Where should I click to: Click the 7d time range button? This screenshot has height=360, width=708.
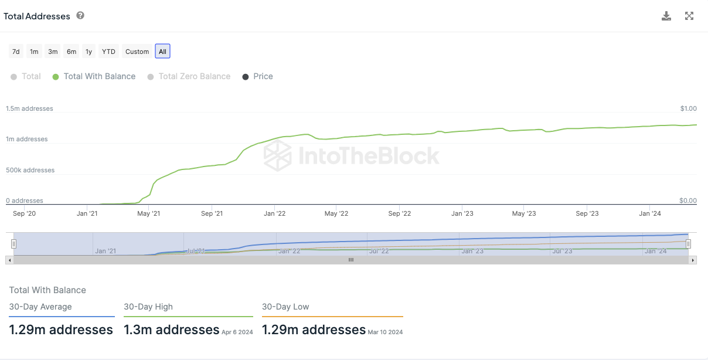click(x=16, y=52)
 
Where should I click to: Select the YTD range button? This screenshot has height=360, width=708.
click(x=108, y=52)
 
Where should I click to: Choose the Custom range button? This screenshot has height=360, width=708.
click(x=137, y=52)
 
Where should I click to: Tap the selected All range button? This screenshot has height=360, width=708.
click(x=162, y=52)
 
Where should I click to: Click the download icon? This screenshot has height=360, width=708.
click(x=666, y=16)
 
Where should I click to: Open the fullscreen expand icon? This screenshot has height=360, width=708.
click(x=689, y=16)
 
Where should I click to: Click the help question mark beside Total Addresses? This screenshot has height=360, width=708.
click(x=80, y=16)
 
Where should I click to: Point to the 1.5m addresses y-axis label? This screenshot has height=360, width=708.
click(x=29, y=108)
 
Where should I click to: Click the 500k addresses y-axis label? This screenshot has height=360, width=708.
click(x=30, y=170)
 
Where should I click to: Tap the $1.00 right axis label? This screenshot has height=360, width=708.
click(x=688, y=108)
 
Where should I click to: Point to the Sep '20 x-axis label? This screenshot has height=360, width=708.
click(x=25, y=213)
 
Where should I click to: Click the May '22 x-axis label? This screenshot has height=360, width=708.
click(x=336, y=213)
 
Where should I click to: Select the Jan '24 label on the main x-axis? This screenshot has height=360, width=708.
click(x=649, y=213)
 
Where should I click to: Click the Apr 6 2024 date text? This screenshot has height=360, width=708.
click(x=237, y=332)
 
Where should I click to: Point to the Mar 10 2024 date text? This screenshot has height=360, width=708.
click(x=385, y=332)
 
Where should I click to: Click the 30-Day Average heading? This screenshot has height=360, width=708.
click(x=40, y=307)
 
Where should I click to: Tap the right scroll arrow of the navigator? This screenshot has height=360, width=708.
click(x=693, y=260)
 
